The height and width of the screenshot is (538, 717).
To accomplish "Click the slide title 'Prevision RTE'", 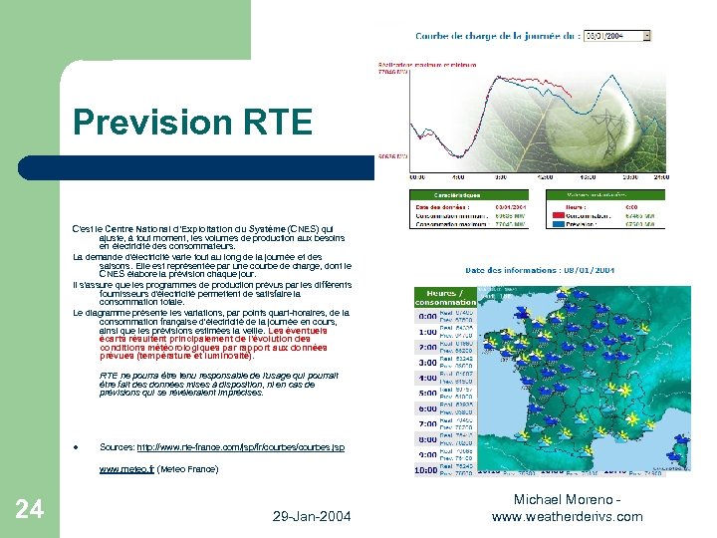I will (192, 123).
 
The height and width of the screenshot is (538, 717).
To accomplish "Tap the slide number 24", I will (30, 509).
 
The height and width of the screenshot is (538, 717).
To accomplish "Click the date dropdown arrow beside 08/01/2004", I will (647, 35).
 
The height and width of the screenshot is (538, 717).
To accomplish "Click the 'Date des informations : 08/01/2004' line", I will (540, 270).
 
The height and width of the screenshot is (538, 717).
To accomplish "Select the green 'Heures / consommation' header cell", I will (445, 296).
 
